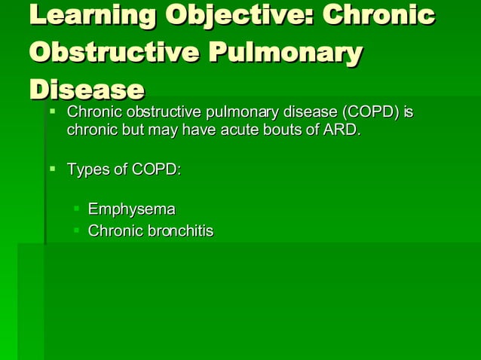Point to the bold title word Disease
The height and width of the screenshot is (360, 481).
point(86,89)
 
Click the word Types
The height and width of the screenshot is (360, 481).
point(88,169)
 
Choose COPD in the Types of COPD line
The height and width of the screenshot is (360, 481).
point(156,169)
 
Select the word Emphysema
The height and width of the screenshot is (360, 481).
point(131,209)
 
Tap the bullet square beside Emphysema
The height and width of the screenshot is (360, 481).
point(76,206)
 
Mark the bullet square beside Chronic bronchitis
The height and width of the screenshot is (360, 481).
point(76,228)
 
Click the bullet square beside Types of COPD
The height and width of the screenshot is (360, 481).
point(53,167)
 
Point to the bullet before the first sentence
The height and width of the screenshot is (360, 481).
point(53,111)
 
